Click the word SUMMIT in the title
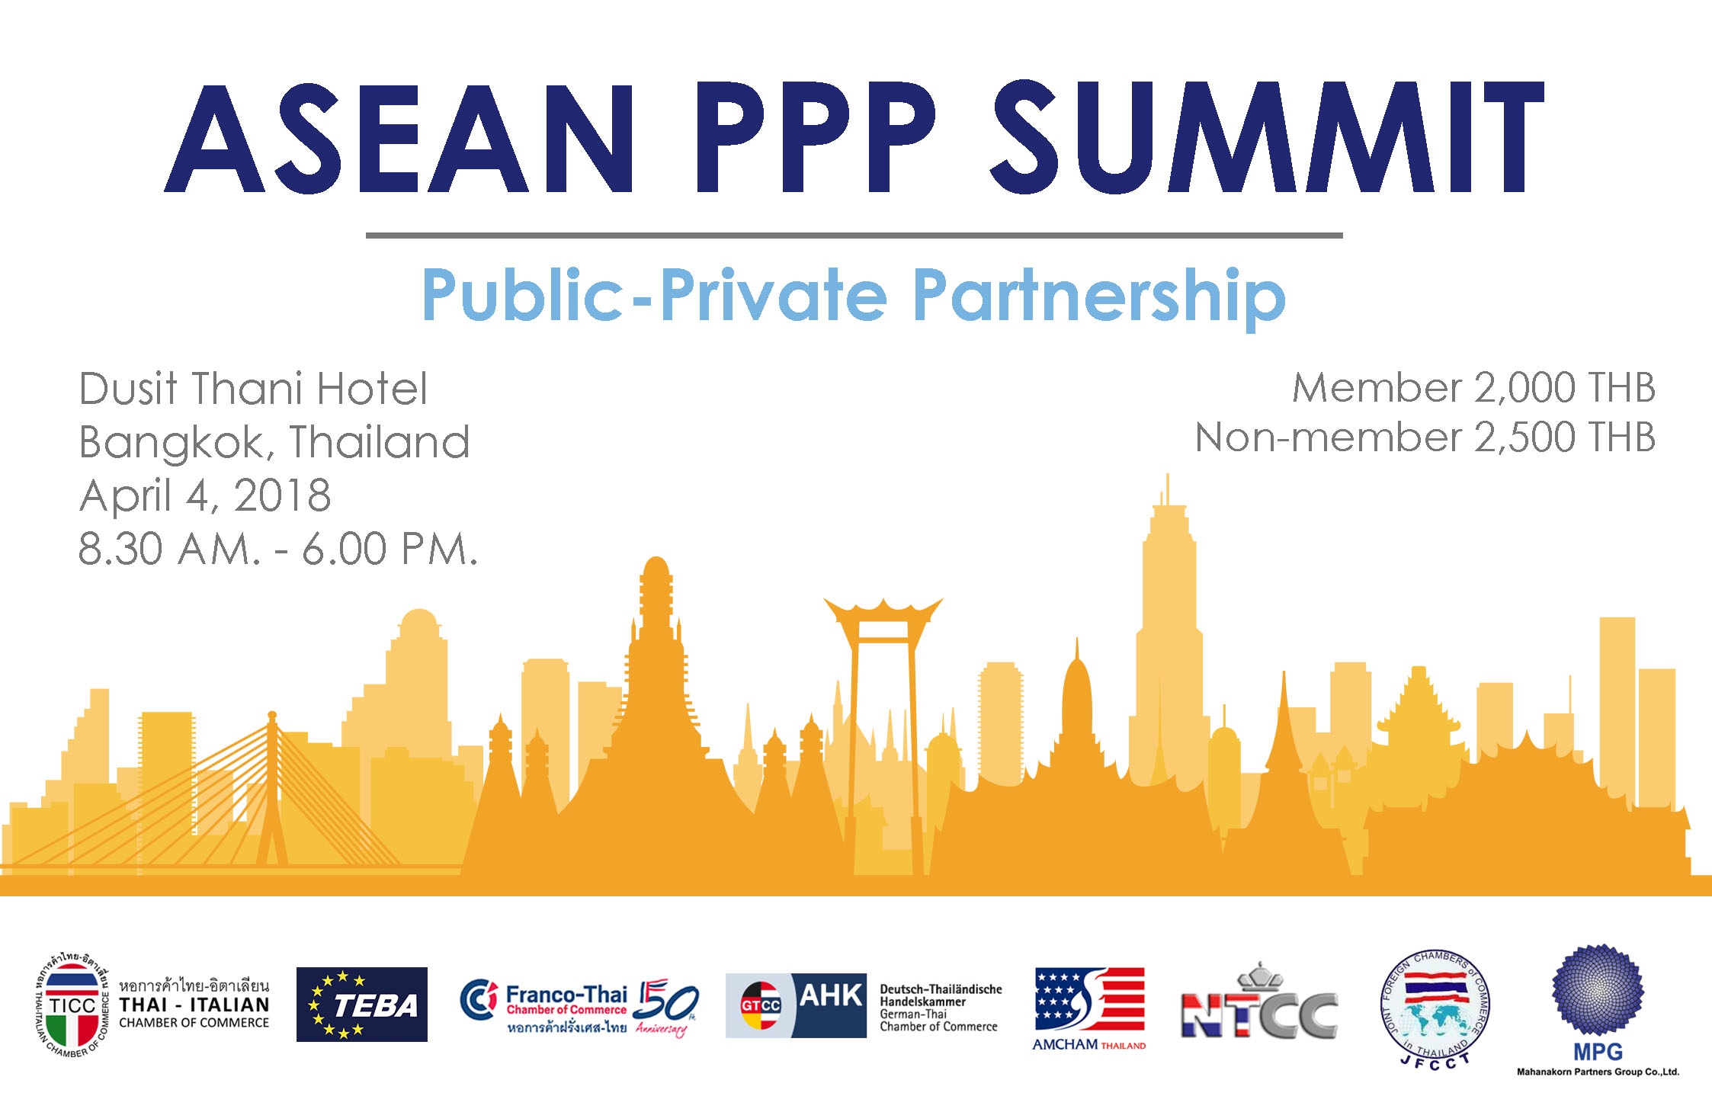(x=1267, y=137)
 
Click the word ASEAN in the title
(x=399, y=137)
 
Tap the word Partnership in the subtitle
(x=1099, y=297)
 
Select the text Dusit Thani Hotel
(x=253, y=389)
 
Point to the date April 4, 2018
(x=205, y=496)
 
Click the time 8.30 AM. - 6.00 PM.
(x=278, y=549)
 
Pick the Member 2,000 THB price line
(x=1474, y=388)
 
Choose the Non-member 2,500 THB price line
(x=1425, y=438)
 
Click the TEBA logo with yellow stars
(x=361, y=1005)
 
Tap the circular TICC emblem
(x=72, y=1005)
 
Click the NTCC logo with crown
(x=1259, y=1002)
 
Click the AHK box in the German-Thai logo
(x=829, y=1005)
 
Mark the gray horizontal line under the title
(x=854, y=236)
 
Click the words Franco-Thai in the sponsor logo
(x=566, y=994)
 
